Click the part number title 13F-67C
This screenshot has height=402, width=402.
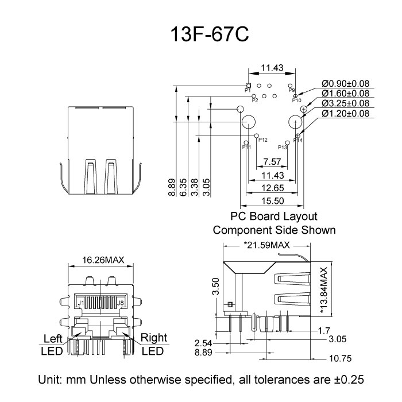pos(200,36)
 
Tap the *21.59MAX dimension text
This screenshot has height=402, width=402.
pos(267,245)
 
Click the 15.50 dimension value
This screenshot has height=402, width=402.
pos(272,201)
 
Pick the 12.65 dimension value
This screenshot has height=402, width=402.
pos(272,188)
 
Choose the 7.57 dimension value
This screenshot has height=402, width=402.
pos(272,161)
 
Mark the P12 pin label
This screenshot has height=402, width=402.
pos(263,140)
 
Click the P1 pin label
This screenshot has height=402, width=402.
pos(248,91)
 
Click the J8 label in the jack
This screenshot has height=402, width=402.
pos(120,301)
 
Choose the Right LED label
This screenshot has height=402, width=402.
pos(153,344)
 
